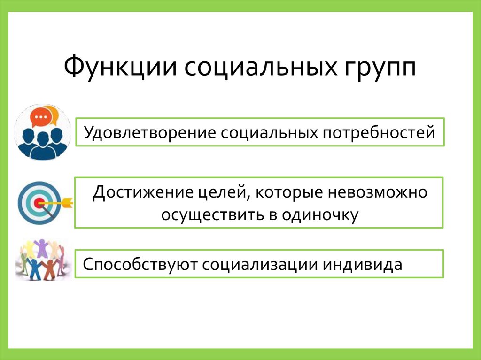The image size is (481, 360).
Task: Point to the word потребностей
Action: click(379, 132)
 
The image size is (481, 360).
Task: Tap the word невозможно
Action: click(381, 193)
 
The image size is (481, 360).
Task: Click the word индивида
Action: click(362, 264)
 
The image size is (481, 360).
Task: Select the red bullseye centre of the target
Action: click(38, 203)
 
